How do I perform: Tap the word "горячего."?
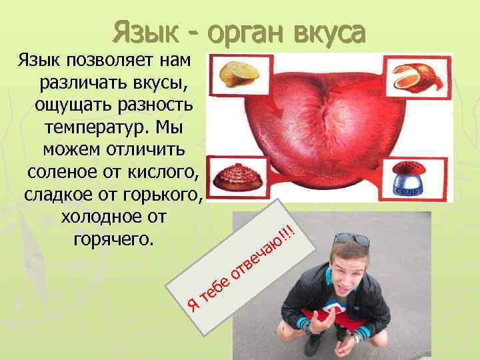click(111, 238)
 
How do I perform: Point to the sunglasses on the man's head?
click(352, 239)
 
